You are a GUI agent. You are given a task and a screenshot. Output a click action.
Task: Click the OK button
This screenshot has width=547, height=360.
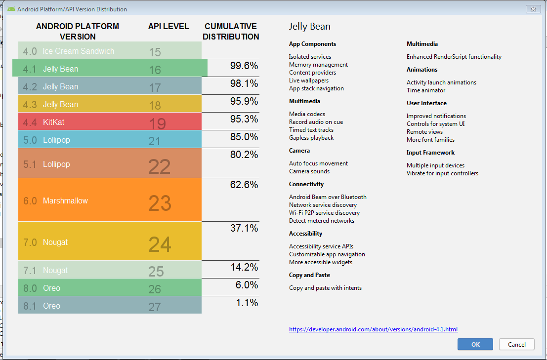(x=475, y=344)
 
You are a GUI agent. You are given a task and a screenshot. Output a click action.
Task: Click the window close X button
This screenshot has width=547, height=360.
(x=533, y=9)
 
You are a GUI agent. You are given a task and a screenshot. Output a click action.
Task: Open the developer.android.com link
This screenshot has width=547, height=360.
(x=373, y=329)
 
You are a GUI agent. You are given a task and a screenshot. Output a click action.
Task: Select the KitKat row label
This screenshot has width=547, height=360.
(x=53, y=122)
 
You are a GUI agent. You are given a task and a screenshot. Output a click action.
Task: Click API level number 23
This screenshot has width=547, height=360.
(x=160, y=203)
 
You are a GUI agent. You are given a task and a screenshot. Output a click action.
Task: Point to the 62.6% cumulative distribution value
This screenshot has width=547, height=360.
(x=244, y=185)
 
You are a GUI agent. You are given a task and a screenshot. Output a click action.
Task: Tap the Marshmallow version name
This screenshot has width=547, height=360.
(x=65, y=200)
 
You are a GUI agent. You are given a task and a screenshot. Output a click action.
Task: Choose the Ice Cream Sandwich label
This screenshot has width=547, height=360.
(x=78, y=51)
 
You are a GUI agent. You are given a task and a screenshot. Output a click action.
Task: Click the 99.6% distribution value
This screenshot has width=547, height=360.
(x=244, y=66)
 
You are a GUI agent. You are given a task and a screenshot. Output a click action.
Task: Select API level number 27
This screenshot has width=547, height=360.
(x=155, y=307)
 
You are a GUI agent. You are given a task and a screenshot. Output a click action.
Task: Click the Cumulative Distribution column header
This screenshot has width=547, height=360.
(x=231, y=31)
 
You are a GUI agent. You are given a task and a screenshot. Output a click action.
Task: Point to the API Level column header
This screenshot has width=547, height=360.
(x=168, y=26)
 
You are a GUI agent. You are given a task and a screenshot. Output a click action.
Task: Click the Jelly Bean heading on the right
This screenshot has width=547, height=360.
(x=309, y=27)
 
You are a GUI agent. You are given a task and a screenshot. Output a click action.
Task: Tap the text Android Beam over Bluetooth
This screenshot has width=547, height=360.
(x=328, y=197)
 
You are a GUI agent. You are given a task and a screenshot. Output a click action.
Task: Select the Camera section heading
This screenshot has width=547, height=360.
(x=299, y=151)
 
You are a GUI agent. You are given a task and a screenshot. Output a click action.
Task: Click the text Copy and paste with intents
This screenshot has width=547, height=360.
(x=325, y=288)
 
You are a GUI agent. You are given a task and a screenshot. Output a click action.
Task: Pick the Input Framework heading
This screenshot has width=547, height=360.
(x=430, y=153)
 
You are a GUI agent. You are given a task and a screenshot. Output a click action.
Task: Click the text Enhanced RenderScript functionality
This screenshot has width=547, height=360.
(x=454, y=57)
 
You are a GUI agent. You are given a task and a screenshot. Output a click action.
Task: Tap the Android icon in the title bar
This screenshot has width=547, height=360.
(x=11, y=9)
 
